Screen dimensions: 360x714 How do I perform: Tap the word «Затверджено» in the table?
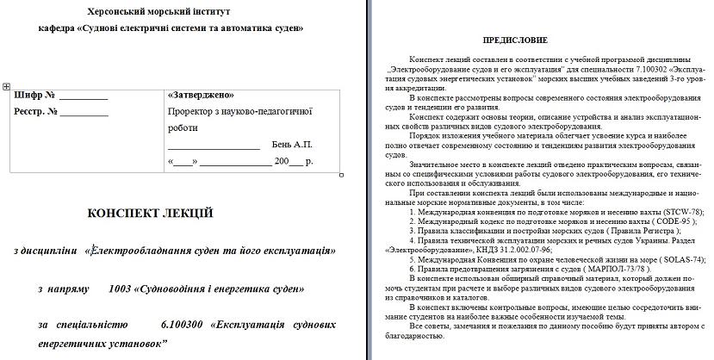[x=201, y=95]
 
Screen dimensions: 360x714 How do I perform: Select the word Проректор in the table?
[x=190, y=111]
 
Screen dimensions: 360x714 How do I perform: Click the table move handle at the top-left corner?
[x=6, y=86]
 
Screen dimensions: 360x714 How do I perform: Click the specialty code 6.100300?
[x=179, y=326]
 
